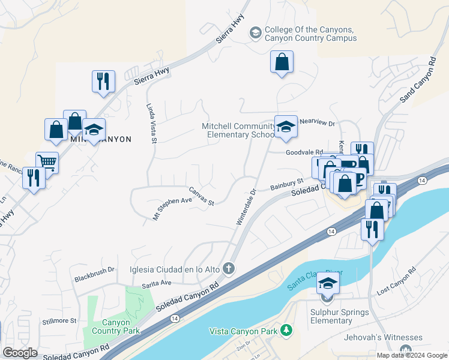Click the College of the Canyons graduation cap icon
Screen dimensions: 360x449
[x=256, y=32]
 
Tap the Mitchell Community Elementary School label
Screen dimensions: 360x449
[x=238, y=130]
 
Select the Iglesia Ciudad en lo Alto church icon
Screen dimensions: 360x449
[x=228, y=269]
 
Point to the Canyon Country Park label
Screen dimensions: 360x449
[x=116, y=326]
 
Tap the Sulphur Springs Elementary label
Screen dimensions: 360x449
[x=331, y=316]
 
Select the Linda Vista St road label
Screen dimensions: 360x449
[x=151, y=122]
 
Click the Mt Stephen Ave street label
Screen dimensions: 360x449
[x=172, y=208]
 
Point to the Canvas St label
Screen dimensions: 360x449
[x=202, y=198]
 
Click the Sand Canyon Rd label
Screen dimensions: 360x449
[x=418, y=79]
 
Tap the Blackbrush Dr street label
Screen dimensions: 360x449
[x=94, y=275]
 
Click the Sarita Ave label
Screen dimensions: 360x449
[x=157, y=283]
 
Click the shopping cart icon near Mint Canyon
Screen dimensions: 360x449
[x=47, y=161]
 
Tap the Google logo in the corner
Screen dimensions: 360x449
[x=20, y=352]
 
